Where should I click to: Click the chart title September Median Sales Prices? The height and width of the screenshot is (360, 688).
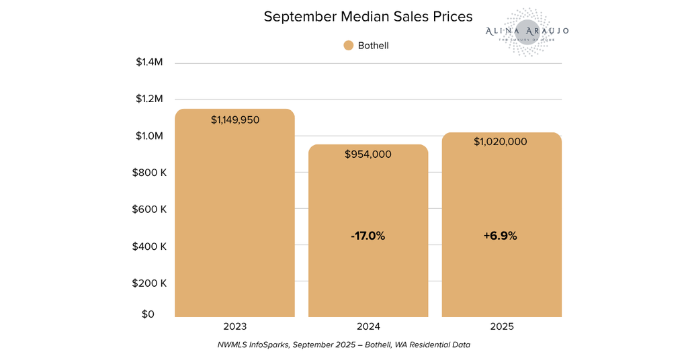click(368, 17)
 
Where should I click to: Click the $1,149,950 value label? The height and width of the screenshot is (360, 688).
click(235, 120)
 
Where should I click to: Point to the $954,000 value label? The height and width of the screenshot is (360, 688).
click(368, 154)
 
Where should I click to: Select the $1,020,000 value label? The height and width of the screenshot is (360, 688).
click(501, 142)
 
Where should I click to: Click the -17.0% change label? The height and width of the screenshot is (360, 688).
click(368, 236)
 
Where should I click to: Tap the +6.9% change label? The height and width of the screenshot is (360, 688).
click(501, 236)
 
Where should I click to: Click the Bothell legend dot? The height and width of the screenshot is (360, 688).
click(348, 46)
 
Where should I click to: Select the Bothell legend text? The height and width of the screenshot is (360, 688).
click(374, 46)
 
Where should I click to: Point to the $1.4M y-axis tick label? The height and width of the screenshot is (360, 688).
click(149, 62)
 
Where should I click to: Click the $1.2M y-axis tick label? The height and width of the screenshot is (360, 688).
click(149, 99)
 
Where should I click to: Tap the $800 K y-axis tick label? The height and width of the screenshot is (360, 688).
click(150, 173)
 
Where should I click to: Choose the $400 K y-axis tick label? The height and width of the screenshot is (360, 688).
click(150, 246)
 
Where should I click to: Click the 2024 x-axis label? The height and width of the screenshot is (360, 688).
click(368, 326)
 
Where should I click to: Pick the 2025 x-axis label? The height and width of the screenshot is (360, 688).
click(501, 326)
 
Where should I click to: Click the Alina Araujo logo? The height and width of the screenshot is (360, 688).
click(527, 32)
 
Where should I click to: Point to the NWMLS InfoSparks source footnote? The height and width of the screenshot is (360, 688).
click(343, 345)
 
